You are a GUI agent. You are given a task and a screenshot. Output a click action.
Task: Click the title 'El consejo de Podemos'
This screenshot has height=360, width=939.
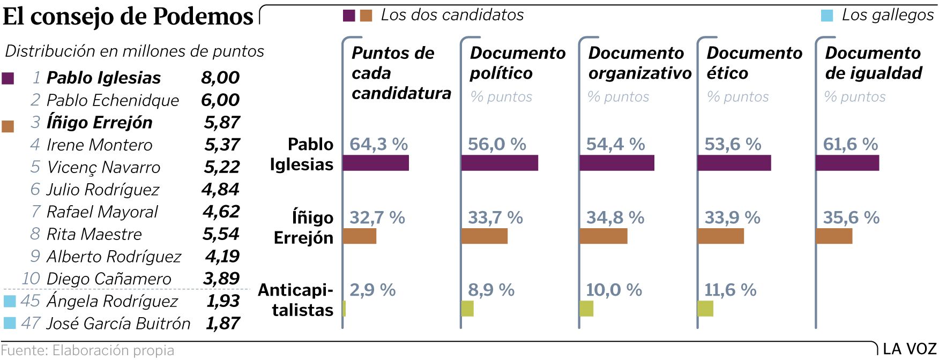click(x=128, y=17)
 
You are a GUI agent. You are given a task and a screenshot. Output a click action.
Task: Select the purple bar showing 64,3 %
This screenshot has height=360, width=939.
click(x=376, y=163)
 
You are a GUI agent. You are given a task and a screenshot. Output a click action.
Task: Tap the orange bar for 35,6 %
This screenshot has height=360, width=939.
click(x=834, y=236)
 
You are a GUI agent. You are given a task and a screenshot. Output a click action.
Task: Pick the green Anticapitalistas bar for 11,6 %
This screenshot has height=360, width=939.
click(x=705, y=309)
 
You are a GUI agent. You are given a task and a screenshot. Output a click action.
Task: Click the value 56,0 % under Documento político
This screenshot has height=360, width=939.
click(x=497, y=144)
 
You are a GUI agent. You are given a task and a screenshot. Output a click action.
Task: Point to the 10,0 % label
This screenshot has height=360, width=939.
click(x=614, y=290)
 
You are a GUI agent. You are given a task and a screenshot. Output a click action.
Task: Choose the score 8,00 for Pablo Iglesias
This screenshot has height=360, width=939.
click(x=220, y=78)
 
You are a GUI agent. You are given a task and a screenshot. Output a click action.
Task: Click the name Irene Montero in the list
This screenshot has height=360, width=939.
click(x=100, y=145)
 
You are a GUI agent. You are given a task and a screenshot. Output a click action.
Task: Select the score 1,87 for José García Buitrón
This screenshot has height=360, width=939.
click(x=222, y=323)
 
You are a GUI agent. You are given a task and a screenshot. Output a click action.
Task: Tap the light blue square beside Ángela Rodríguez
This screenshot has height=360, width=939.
click(x=10, y=301)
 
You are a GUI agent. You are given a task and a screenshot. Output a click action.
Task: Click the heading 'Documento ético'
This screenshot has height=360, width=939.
click(x=754, y=63)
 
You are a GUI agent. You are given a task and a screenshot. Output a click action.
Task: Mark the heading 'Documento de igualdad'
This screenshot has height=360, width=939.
click(x=874, y=63)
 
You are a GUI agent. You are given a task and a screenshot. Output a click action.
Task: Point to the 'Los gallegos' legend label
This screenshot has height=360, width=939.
click(x=888, y=15)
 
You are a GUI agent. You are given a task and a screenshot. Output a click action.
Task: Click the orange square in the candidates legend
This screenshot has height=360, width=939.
click(x=366, y=16)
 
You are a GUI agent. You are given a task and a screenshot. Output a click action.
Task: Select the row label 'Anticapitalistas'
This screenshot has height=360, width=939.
click(x=296, y=299)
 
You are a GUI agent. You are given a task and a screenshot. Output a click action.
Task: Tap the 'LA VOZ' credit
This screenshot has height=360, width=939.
click(x=909, y=349)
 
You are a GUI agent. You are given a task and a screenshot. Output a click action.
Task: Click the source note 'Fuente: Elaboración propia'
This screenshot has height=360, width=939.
click(x=87, y=350)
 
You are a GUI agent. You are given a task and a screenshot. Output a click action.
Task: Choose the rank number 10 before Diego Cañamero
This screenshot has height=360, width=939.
click(x=31, y=279)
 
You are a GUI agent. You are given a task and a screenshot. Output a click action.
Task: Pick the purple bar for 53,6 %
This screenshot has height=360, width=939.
click(x=734, y=163)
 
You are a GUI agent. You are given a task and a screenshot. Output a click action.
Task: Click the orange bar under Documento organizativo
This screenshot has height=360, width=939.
click(x=603, y=236)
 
